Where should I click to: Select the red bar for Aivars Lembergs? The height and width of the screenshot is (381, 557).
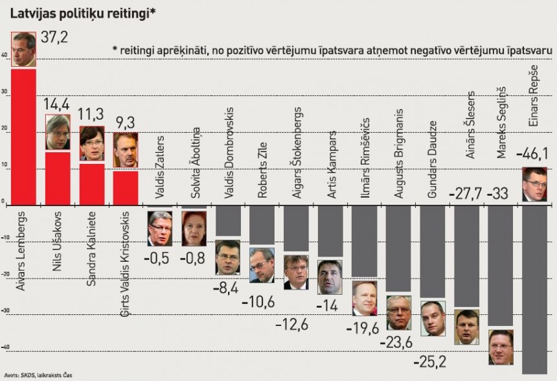click(23, 136)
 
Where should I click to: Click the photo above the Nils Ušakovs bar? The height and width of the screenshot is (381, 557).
click(58, 133)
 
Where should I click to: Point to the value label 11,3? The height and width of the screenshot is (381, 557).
click(91, 115)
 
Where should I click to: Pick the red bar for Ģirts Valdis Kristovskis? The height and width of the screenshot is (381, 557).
click(126, 187)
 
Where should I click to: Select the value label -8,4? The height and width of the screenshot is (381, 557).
click(227, 286)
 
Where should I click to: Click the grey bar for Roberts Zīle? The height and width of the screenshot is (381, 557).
click(262, 225)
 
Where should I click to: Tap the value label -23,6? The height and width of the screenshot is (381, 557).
click(398, 341)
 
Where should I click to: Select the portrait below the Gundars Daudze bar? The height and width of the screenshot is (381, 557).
click(433, 318)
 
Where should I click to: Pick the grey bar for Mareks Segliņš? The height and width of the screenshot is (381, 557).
click(501, 266)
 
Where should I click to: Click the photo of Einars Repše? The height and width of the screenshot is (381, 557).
click(534, 184)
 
